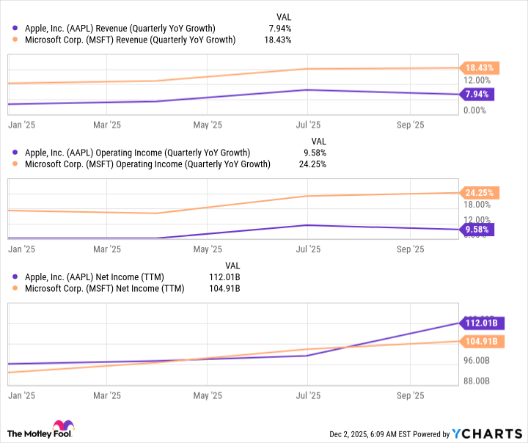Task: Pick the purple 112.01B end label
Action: (x=481, y=323)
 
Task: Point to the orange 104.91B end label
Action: (x=481, y=341)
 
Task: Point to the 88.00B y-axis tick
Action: (x=477, y=381)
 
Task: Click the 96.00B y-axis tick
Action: (x=477, y=361)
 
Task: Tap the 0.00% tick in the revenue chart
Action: (x=475, y=110)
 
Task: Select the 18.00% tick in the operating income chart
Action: (x=477, y=205)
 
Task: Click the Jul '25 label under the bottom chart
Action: (x=308, y=395)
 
